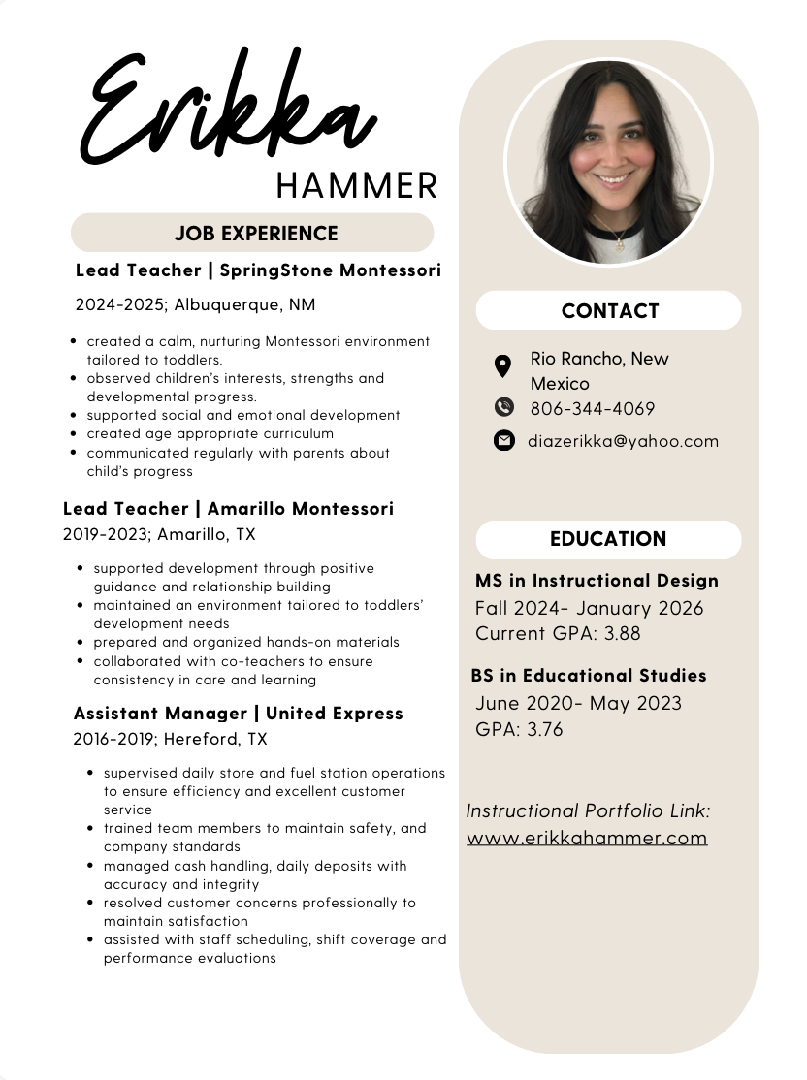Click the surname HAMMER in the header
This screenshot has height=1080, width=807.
point(356,184)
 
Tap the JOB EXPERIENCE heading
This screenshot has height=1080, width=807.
point(256,234)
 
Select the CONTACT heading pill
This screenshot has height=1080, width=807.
point(609,311)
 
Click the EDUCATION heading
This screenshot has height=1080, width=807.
point(608,539)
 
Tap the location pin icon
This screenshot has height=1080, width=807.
point(502,365)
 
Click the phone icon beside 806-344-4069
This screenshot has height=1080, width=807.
point(503,407)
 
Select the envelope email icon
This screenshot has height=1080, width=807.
point(503,441)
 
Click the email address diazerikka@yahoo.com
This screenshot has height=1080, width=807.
point(623,441)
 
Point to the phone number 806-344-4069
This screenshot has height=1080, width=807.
point(592,408)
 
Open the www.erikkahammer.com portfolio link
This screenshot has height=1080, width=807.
point(587,838)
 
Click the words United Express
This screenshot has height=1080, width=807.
point(334,714)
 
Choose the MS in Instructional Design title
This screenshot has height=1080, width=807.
point(597,581)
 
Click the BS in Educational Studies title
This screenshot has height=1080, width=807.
point(589,676)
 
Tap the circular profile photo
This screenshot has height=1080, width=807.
point(609,162)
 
